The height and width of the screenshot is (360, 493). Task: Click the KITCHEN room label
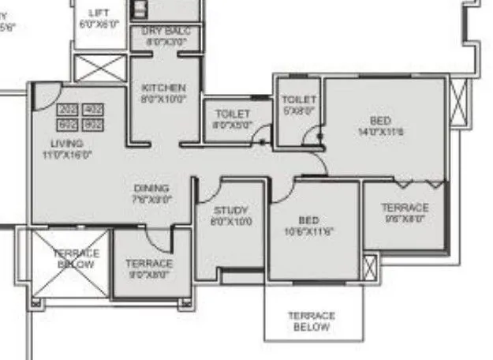tap(163, 93)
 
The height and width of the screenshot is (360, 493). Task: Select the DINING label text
tap(151, 194)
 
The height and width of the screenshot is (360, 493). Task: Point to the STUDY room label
tap(230, 216)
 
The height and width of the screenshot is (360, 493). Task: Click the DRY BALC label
tap(164, 36)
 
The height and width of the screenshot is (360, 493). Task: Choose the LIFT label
tap(99, 18)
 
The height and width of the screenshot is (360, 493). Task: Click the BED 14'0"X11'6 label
tap(380, 126)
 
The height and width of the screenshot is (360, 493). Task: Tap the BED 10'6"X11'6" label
tap(308, 225)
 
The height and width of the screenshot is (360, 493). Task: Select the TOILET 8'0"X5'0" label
tap(232, 119)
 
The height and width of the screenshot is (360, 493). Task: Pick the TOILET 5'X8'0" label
tap(298, 105)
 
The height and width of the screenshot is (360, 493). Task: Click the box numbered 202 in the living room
tap(67, 111)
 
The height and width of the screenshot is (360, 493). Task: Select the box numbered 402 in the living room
tap(92, 111)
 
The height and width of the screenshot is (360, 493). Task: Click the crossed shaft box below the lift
tap(99, 68)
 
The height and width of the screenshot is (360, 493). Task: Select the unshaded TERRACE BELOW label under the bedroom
tap(312, 321)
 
